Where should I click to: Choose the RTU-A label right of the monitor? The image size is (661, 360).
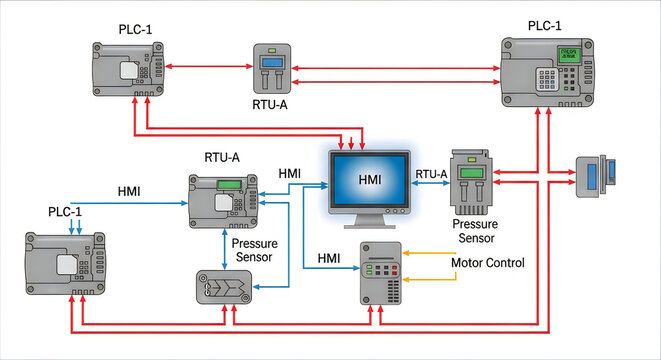coord(431,173)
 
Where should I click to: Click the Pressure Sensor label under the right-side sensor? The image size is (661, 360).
coord(468,231)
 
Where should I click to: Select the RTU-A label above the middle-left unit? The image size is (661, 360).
coord(223,157)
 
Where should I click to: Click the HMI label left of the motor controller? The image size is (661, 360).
coord(330,258)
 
